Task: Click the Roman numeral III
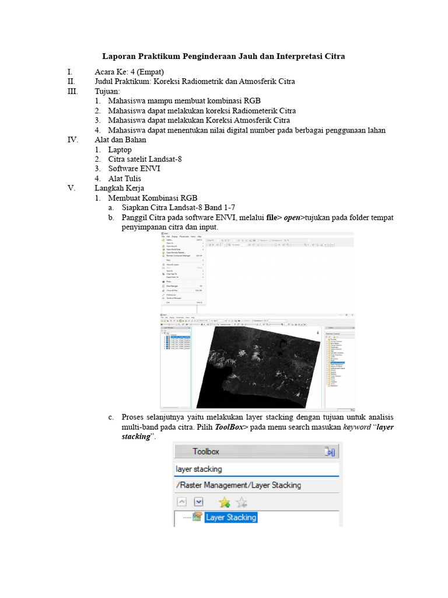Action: tap(72, 92)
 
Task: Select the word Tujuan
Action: tap(107, 92)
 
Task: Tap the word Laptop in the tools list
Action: tap(120, 149)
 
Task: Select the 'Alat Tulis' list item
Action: tap(124, 179)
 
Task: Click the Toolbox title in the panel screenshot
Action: tap(206, 451)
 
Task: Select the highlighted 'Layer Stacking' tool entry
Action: tap(231, 517)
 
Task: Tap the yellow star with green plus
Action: tap(224, 502)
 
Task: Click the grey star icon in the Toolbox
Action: tap(242, 502)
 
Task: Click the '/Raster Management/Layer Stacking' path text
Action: tap(238, 485)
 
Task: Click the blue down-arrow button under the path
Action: tap(198, 502)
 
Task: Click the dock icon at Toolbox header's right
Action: tap(330, 451)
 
